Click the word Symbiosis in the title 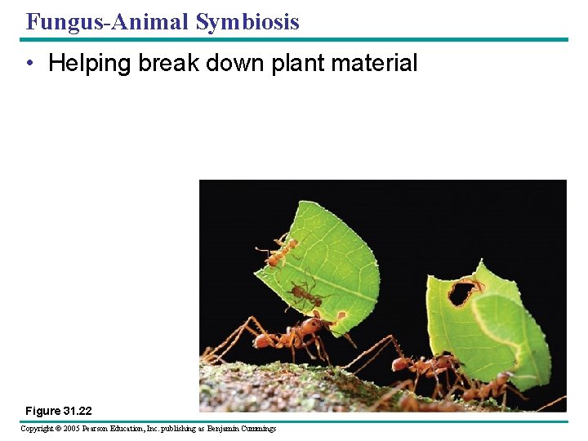tap(247, 22)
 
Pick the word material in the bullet tap(379, 64)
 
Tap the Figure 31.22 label tap(60, 410)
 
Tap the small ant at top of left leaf tap(278, 252)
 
